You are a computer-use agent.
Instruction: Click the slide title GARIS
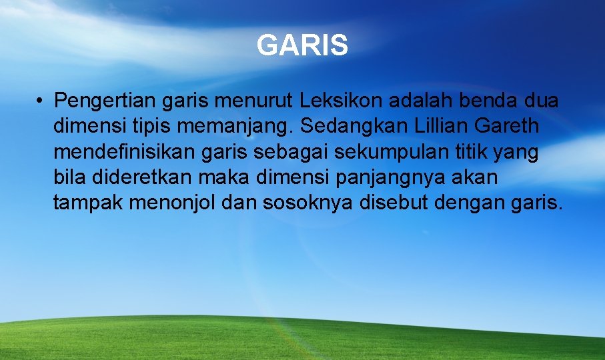pos(302,46)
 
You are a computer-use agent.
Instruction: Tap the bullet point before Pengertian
pos(41,101)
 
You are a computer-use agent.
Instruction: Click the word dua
pos(540,101)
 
